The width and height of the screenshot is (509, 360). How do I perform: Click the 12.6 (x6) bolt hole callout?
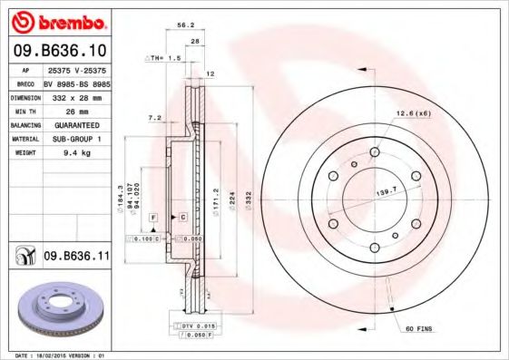411,112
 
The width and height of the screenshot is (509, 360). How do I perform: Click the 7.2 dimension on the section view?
154,117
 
